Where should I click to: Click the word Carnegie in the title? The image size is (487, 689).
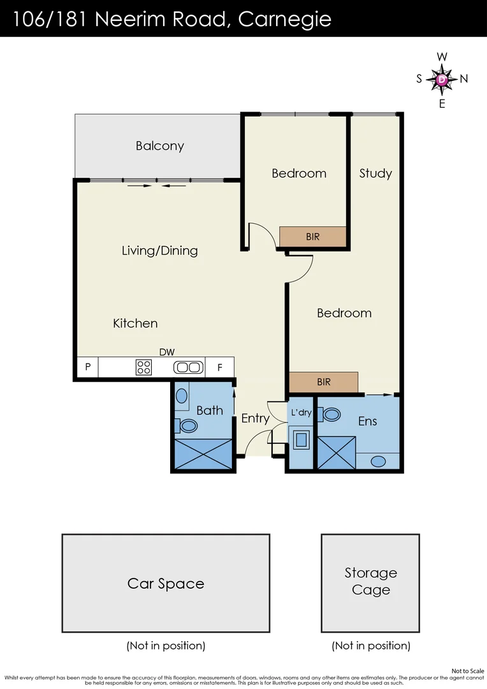(x=284, y=19)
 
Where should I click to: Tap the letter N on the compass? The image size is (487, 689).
(x=464, y=79)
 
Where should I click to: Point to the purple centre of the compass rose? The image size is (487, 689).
(x=442, y=80)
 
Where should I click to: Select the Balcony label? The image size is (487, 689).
(x=160, y=146)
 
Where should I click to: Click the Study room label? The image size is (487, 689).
(x=375, y=174)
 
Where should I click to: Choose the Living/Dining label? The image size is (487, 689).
(x=160, y=251)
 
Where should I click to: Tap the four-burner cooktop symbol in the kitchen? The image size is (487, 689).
(x=144, y=367)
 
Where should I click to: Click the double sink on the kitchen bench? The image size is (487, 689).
(x=188, y=367)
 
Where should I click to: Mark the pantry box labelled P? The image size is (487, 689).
(x=87, y=367)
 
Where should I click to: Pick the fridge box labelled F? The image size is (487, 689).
(x=220, y=367)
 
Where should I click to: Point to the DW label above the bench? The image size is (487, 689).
(x=167, y=352)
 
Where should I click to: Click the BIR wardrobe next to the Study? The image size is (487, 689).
(x=313, y=237)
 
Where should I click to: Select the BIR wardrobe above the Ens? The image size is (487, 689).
(x=324, y=382)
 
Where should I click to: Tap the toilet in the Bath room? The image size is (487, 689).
(x=189, y=425)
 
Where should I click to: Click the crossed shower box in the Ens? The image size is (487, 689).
(x=336, y=453)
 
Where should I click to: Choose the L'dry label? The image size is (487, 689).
(x=301, y=413)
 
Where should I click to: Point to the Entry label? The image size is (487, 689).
(x=255, y=419)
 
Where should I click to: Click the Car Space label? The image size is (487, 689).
(x=166, y=584)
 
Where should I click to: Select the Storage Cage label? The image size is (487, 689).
(x=370, y=581)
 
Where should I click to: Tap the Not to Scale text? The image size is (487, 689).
(x=467, y=671)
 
